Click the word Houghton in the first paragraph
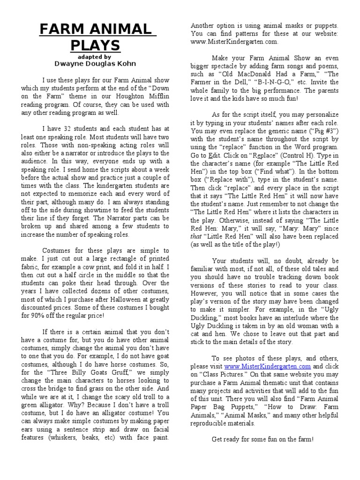point(125,96)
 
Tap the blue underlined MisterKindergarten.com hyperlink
point(268,366)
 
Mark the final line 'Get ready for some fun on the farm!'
point(262,439)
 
